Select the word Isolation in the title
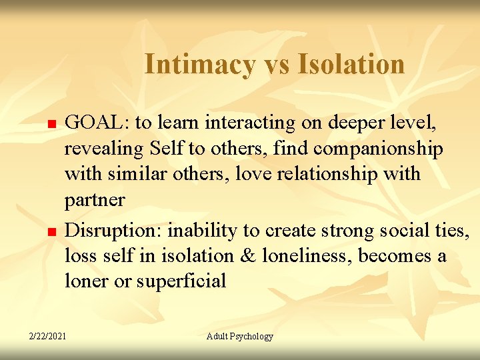[x=351, y=65]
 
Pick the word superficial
[x=181, y=281]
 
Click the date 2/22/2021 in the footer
[x=47, y=337]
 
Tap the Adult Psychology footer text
[x=240, y=337]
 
